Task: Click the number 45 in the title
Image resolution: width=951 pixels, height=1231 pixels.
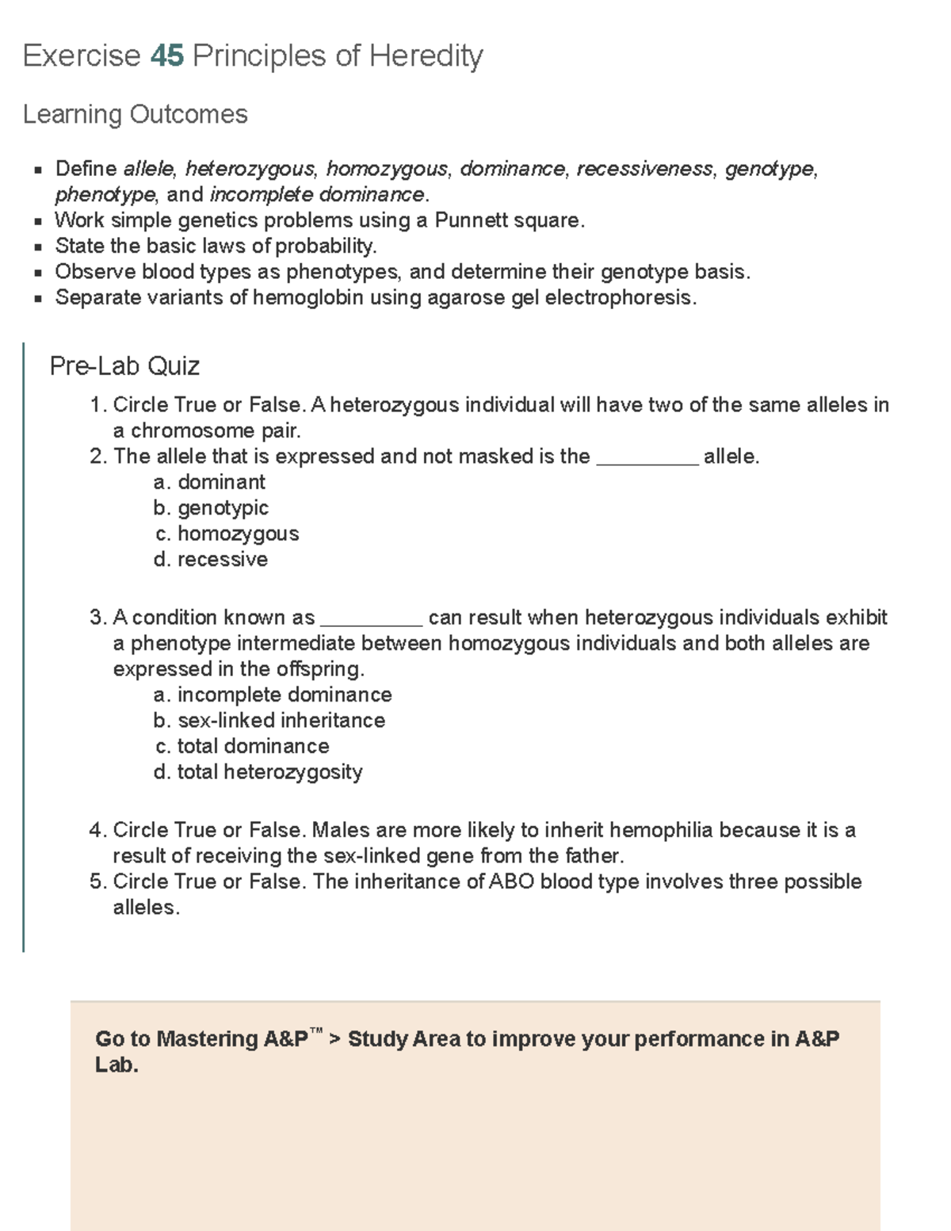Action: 166,56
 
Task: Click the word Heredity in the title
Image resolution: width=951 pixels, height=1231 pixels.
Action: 426,56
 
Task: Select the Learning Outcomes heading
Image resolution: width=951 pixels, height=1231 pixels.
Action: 135,114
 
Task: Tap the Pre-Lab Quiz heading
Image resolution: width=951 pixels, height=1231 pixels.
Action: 124,366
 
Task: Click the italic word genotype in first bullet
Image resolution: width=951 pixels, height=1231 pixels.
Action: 770,169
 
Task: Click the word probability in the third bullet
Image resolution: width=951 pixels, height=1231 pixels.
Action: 324,247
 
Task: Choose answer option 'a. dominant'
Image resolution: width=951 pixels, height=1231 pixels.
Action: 210,482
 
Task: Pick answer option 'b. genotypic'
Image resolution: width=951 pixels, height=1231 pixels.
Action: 211,508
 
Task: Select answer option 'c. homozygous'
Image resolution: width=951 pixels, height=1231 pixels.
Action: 227,533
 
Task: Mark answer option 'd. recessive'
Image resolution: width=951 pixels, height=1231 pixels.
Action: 211,560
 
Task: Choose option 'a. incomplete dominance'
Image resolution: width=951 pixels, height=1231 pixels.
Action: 273,695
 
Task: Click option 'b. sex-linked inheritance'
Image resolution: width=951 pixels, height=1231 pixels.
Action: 269,721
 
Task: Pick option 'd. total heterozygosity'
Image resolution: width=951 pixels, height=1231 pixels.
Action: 258,772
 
